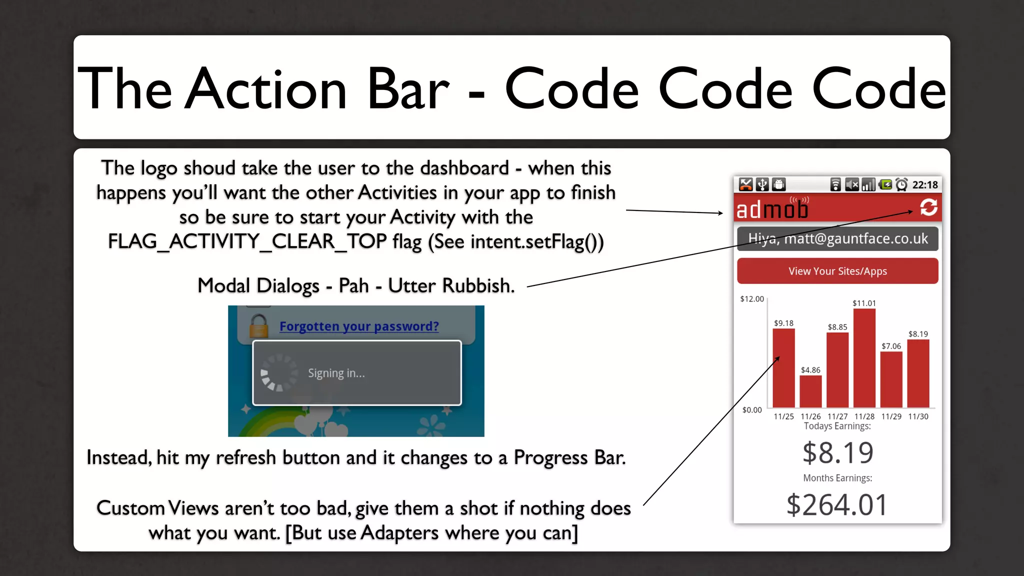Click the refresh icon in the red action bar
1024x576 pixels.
[928, 207]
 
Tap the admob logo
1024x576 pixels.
[772, 209]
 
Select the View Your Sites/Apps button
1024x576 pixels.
[837, 271]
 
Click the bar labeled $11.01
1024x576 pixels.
[864, 357]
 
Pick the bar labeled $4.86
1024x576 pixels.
[810, 391]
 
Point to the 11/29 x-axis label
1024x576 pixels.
[891, 416]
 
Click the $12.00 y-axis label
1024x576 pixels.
[752, 299]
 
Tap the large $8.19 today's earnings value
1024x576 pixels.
[837, 453]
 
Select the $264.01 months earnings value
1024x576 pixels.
[837, 505]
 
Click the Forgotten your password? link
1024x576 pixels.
[359, 326]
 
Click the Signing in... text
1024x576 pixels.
[336, 373]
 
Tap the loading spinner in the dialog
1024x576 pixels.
[278, 373]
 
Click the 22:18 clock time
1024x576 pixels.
[925, 185]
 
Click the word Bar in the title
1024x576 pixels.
[408, 89]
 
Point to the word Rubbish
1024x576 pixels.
[478, 286]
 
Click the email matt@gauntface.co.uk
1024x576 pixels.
[856, 239]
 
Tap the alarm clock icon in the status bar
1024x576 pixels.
[901, 185]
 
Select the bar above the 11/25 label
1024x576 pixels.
[783, 367]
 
